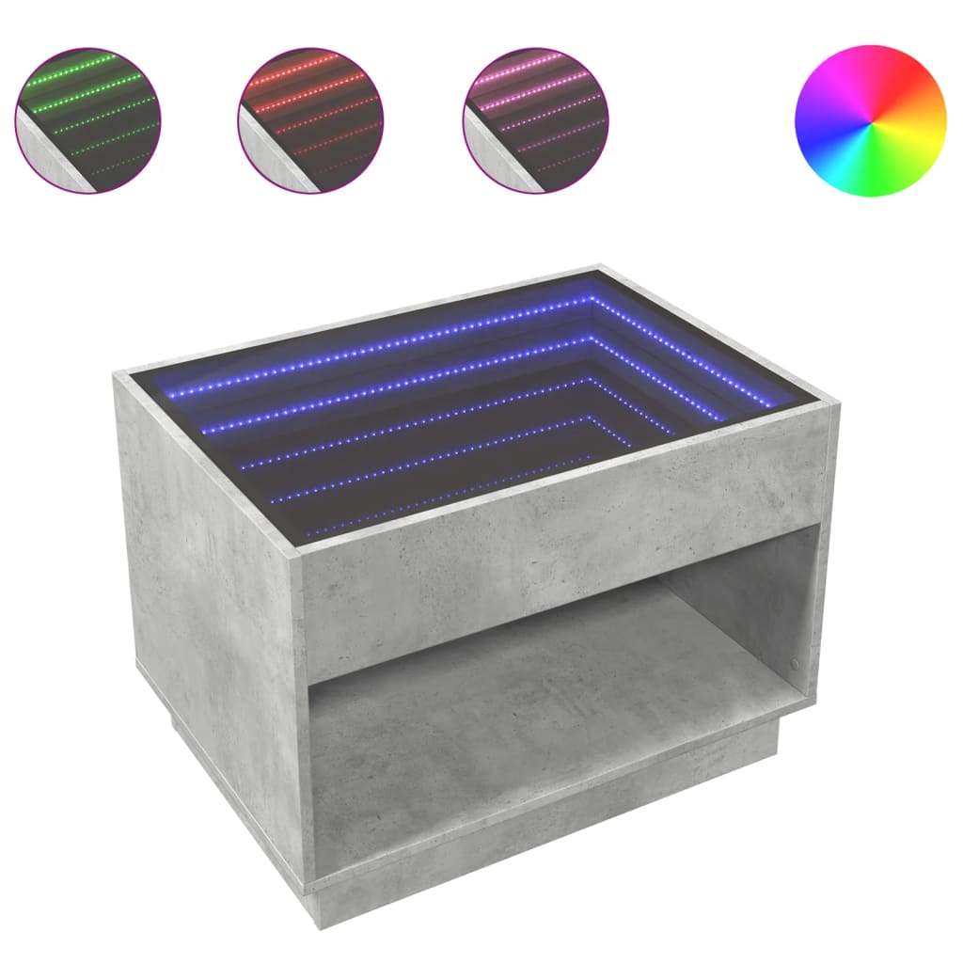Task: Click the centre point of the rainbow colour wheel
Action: click(x=870, y=120)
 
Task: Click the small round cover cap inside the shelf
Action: click(x=797, y=663)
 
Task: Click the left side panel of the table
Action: click(x=216, y=602)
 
